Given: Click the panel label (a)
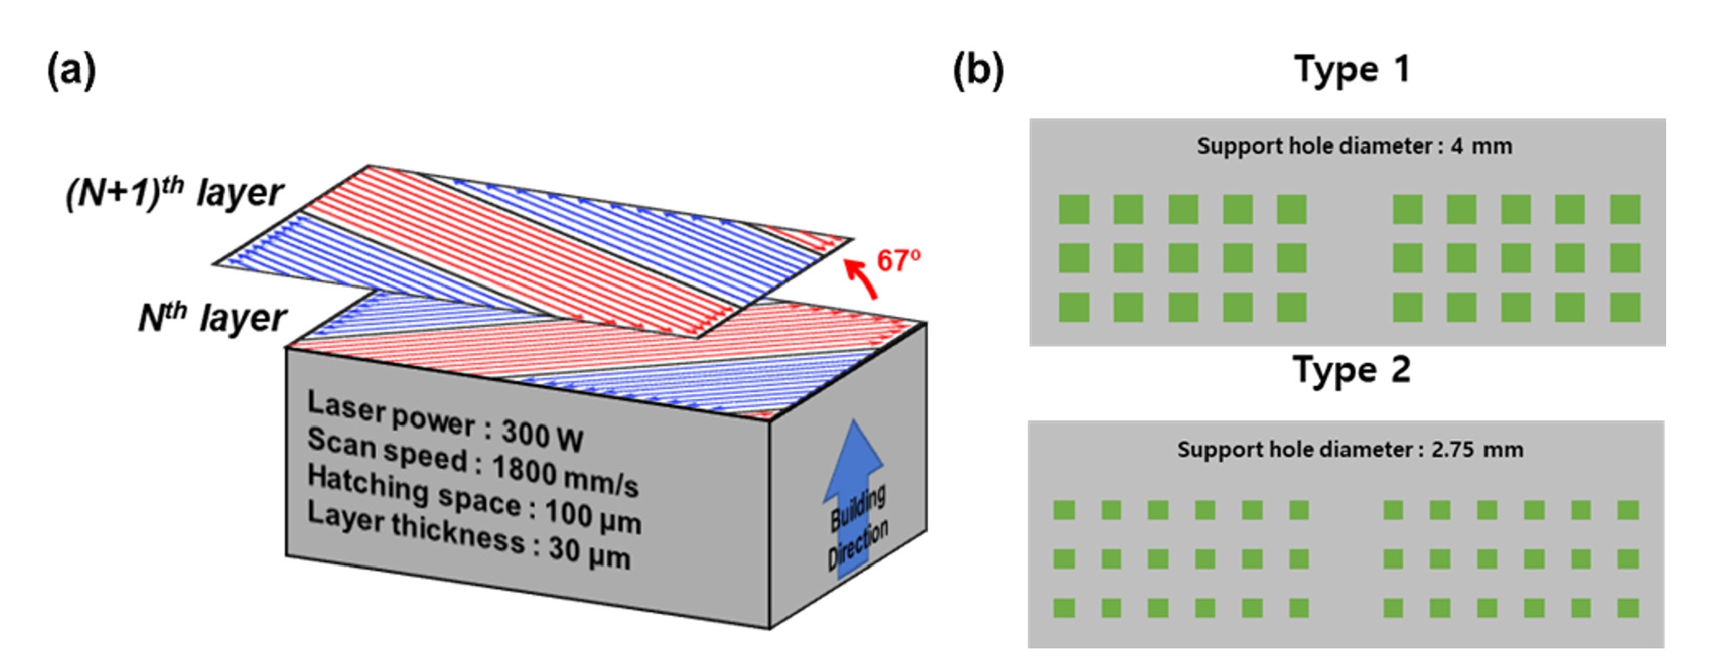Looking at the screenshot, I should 71,70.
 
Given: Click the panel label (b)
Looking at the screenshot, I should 978,70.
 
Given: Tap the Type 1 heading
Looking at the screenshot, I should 1352,70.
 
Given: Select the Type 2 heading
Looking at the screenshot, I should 1351,371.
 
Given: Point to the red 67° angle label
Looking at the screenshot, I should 898,260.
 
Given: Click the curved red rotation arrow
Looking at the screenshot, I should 861,278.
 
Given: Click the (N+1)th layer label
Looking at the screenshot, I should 175,193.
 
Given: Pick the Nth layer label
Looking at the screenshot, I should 212,318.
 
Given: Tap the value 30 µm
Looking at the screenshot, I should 588,553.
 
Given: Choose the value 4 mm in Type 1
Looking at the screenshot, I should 1481,146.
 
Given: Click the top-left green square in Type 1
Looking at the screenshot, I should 1074,209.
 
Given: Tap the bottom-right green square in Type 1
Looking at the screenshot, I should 1625,307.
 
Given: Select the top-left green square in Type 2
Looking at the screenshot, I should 1064,509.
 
